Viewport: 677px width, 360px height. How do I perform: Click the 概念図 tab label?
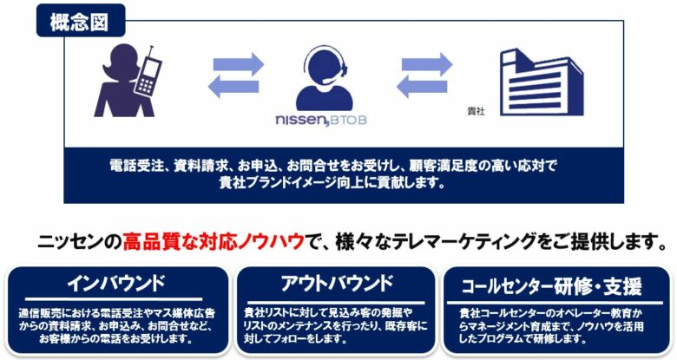80,21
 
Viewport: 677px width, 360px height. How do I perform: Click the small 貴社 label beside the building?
476,111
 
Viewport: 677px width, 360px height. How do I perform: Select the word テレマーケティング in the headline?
446,240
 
